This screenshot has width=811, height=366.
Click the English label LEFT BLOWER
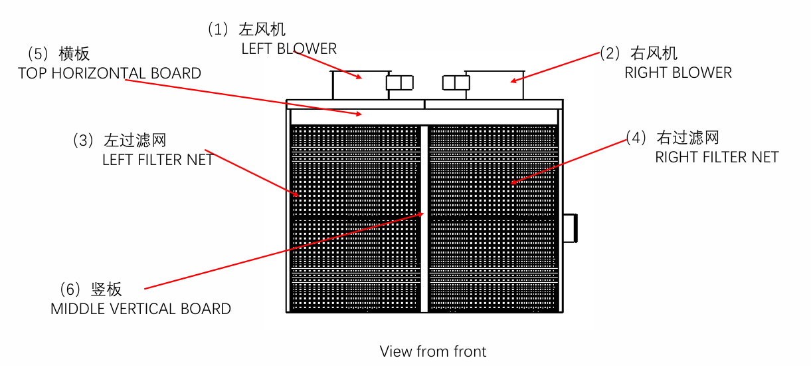(289, 49)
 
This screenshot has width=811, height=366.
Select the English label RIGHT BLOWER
(678, 73)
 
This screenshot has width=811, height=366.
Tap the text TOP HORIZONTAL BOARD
(110, 73)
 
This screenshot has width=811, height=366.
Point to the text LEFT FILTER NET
(157, 160)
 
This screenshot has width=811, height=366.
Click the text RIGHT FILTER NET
(717, 157)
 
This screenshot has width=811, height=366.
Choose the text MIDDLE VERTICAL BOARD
(141, 309)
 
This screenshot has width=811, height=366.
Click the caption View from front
(433, 351)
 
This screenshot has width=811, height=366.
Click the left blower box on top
(360, 85)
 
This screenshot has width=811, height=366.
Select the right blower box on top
(494, 85)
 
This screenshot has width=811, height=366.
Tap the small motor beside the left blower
(399, 83)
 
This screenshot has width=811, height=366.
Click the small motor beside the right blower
(456, 83)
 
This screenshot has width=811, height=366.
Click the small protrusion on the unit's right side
(571, 228)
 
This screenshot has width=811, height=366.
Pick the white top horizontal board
(424, 116)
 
